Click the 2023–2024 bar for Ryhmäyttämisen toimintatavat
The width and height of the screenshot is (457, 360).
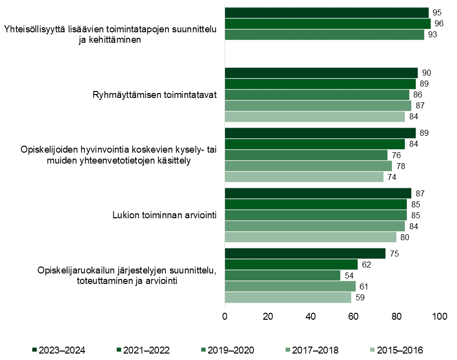point(321,73)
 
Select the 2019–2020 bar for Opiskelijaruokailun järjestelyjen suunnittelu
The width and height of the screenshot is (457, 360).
point(282,275)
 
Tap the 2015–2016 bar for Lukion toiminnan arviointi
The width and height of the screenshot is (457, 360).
point(310,237)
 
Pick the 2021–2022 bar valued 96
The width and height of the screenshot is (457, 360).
point(327,23)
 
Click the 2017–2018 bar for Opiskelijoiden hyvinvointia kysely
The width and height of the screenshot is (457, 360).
point(308,166)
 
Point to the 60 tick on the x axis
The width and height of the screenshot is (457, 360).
point(354,317)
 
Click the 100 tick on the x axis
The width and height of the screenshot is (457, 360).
point(439,317)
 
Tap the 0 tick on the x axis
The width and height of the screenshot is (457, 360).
point(225,317)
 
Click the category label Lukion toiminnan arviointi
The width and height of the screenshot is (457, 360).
point(164,215)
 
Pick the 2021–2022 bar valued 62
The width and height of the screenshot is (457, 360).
point(291,265)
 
